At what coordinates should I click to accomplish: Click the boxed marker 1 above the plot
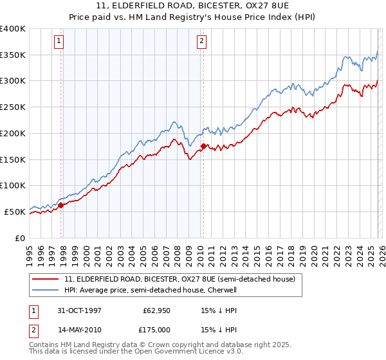(59, 41)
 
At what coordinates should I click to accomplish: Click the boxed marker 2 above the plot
(201, 41)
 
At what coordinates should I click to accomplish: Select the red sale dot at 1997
(62, 205)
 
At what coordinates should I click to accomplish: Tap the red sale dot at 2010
(203, 147)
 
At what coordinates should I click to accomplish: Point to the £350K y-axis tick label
(12, 55)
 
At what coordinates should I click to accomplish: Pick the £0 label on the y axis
(19, 238)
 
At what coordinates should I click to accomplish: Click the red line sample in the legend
(45, 280)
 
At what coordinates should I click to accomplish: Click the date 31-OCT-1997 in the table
(79, 309)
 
